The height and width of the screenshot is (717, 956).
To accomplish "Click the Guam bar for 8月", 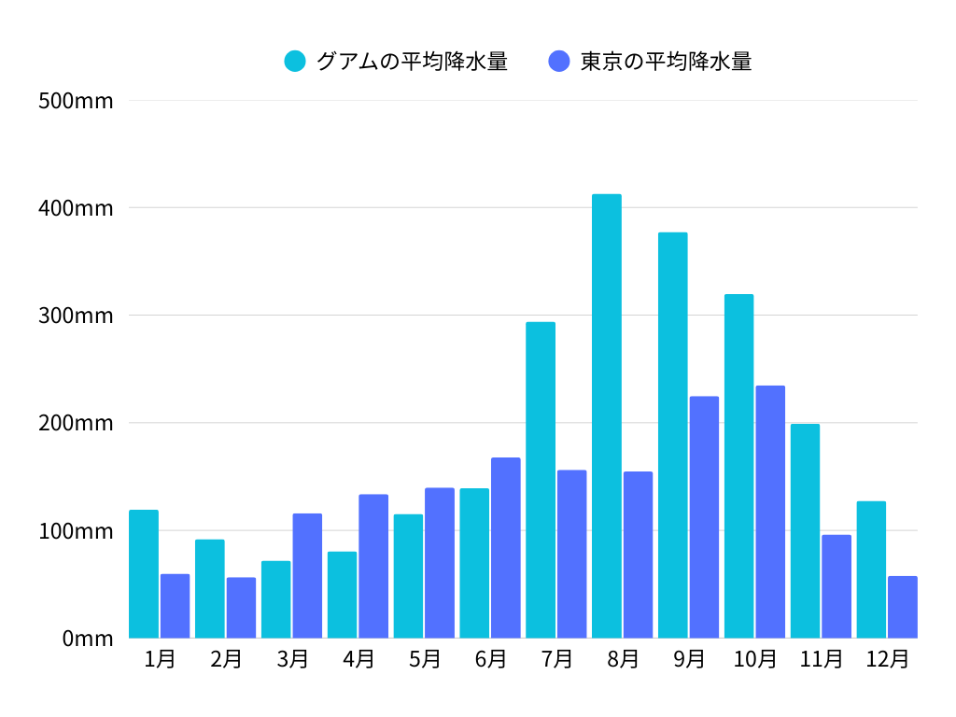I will [606, 416].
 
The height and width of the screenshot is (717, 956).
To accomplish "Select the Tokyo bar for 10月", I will [770, 512].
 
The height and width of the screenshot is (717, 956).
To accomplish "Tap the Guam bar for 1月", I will [144, 574].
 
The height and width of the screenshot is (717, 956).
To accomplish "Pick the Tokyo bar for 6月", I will [506, 548].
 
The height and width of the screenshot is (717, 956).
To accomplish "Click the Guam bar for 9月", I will [672, 435].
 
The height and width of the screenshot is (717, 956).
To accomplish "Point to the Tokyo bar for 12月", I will [903, 607].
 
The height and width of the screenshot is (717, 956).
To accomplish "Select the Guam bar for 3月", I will [275, 599].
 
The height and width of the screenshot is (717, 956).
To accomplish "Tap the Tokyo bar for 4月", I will [373, 566].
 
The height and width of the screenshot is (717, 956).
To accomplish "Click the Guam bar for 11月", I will [805, 531].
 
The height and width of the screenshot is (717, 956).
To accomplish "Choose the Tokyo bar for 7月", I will [572, 554].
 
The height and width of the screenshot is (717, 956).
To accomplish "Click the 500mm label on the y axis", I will [76, 101].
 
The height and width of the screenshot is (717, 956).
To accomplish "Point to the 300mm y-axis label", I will [76, 316].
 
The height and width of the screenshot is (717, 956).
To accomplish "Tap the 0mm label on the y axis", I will [88, 639].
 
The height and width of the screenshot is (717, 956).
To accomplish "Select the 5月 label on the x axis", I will [425, 659].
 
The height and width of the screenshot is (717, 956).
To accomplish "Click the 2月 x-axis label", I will [226, 659].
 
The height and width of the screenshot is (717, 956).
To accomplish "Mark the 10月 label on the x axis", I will [755, 659].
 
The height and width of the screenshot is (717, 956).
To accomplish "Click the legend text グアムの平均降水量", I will [412, 62].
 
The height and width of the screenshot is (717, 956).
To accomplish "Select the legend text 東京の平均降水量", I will [666, 62].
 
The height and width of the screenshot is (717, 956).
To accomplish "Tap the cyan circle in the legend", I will [295, 62].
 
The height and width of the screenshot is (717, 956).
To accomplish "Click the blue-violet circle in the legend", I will [559, 62].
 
